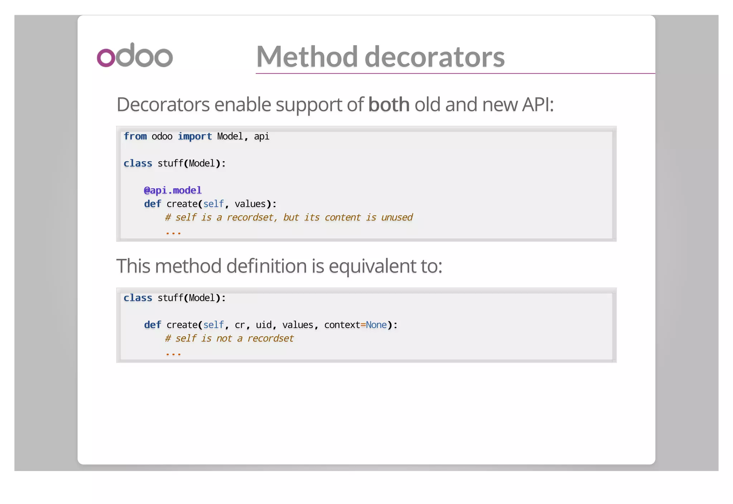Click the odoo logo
click(x=135, y=55)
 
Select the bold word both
click(x=389, y=105)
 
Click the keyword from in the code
click(x=135, y=136)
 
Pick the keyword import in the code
click(x=195, y=136)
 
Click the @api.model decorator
click(x=173, y=190)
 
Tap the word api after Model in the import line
click(x=261, y=136)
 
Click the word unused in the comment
click(x=397, y=217)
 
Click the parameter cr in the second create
click(x=240, y=325)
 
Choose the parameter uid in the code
click(x=263, y=325)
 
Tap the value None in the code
click(x=376, y=325)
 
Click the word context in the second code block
click(x=342, y=325)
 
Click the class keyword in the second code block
click(x=138, y=298)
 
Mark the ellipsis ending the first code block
click(x=173, y=233)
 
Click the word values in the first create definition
click(x=250, y=204)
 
